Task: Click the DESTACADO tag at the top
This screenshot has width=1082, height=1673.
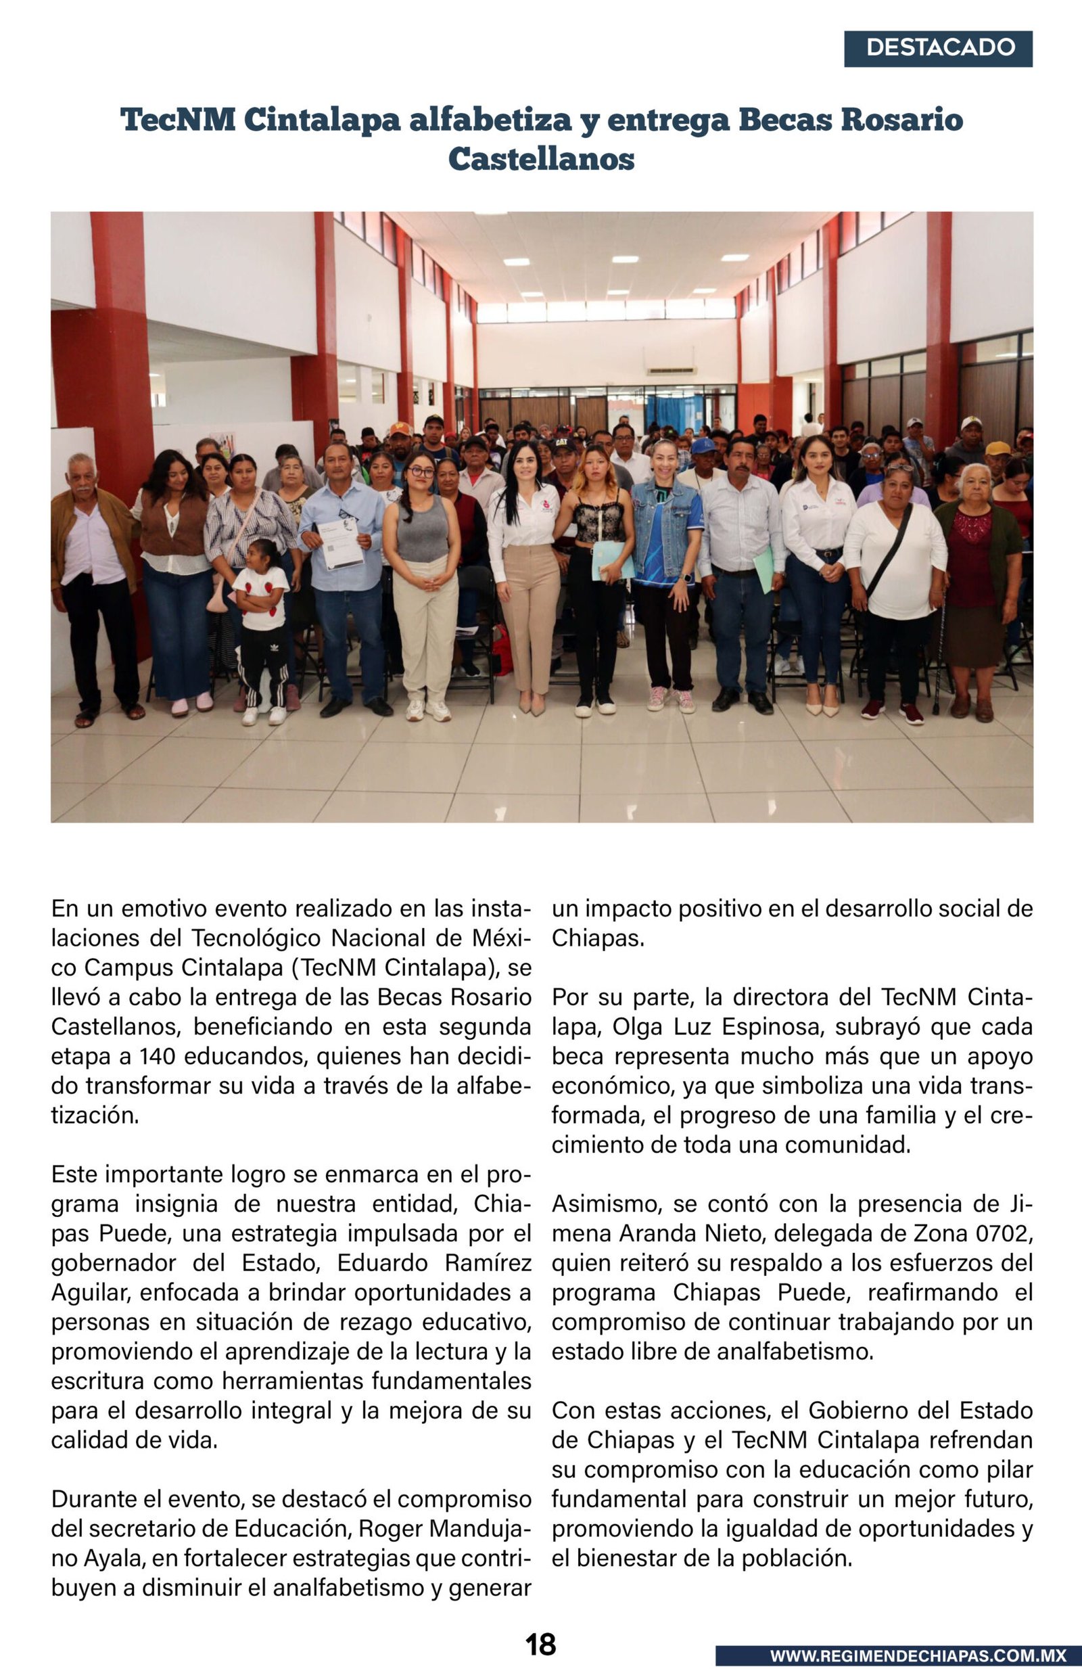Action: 938,49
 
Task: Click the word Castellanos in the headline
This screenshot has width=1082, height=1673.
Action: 541,159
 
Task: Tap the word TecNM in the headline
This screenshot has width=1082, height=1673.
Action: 178,120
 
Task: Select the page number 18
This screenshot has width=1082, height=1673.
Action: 540,1645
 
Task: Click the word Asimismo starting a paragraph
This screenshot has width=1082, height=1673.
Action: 607,1204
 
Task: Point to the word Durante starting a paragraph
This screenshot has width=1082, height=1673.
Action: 95,1498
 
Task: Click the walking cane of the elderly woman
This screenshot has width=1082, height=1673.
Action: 939,660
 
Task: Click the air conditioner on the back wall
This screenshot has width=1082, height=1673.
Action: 671,370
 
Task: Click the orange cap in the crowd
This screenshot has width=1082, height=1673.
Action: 400,428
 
